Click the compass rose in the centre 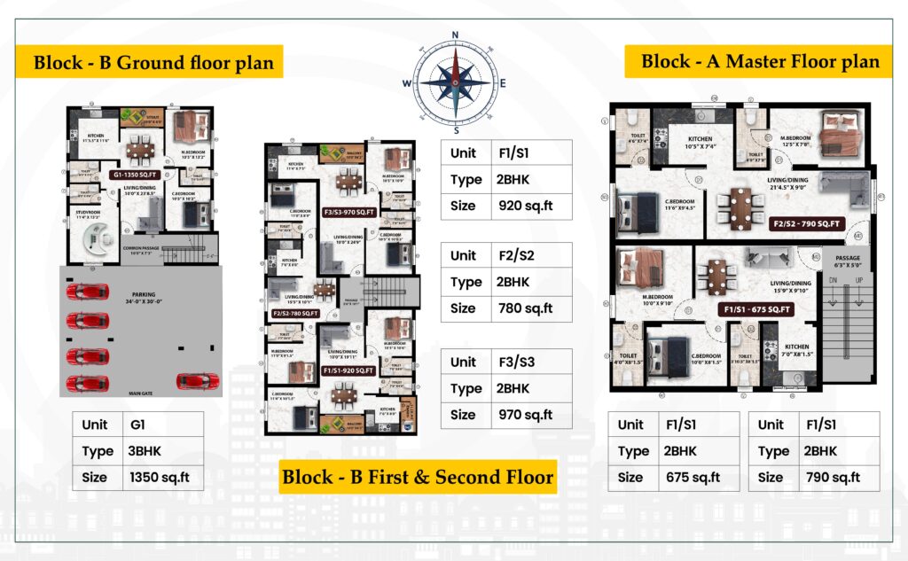(455, 82)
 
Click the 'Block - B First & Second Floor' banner (417, 478)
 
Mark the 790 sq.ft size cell (834, 477)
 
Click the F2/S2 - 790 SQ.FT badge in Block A (808, 223)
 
